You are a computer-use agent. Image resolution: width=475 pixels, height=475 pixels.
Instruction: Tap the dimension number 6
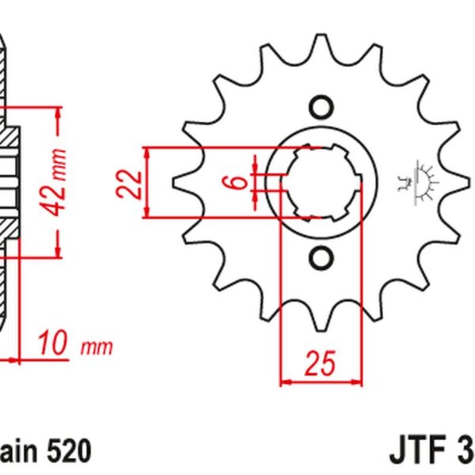tap(232, 181)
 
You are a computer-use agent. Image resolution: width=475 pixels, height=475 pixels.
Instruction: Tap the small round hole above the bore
tap(321, 106)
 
